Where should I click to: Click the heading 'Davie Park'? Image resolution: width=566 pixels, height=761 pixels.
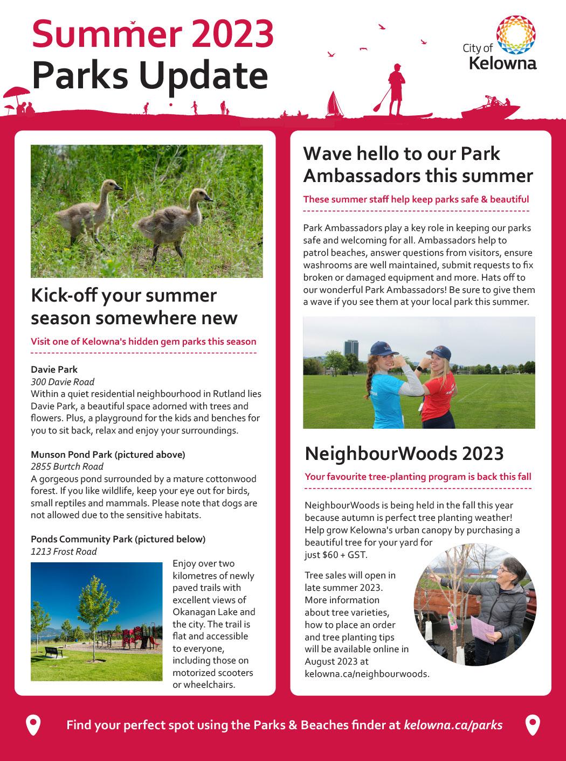(x=54, y=369)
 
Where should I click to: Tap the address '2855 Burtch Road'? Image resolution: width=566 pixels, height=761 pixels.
(x=67, y=466)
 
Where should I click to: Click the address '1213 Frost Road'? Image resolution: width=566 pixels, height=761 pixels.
(x=64, y=551)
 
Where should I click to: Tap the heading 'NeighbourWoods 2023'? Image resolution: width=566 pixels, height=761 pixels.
(x=404, y=453)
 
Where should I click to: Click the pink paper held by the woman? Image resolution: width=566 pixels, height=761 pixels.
(x=486, y=629)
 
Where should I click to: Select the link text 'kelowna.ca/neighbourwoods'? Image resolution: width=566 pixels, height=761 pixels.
(x=367, y=673)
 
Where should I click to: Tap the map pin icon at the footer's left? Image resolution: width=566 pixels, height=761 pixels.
(x=33, y=725)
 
